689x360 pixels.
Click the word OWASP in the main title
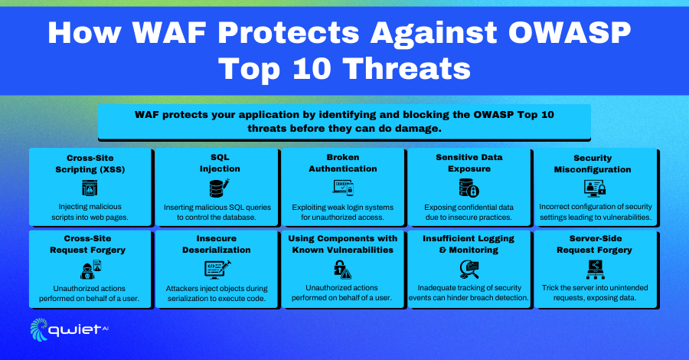coord(570,32)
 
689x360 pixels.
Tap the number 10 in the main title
coord(312,69)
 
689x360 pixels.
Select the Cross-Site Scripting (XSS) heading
coord(90,163)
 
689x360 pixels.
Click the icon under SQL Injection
coord(220,188)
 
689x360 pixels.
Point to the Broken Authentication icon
coord(343,188)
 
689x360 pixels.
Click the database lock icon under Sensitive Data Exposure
coord(469,188)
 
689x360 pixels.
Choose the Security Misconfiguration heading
coord(593,163)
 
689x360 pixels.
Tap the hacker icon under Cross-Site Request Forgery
coord(91,269)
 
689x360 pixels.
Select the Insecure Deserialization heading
coord(217,244)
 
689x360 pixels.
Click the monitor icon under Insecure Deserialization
coord(217,270)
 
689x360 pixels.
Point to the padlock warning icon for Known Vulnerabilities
coord(342,269)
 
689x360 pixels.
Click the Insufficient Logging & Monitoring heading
coord(469,244)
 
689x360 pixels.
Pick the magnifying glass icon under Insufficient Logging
coord(469,269)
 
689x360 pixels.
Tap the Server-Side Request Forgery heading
coord(595,244)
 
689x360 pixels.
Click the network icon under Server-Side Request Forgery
coord(596,269)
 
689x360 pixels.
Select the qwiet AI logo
coord(69,329)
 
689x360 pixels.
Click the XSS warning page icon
coord(90,188)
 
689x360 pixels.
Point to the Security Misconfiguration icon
coord(595,188)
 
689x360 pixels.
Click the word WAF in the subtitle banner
coord(147,115)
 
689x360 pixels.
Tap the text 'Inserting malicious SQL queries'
coord(217,207)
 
